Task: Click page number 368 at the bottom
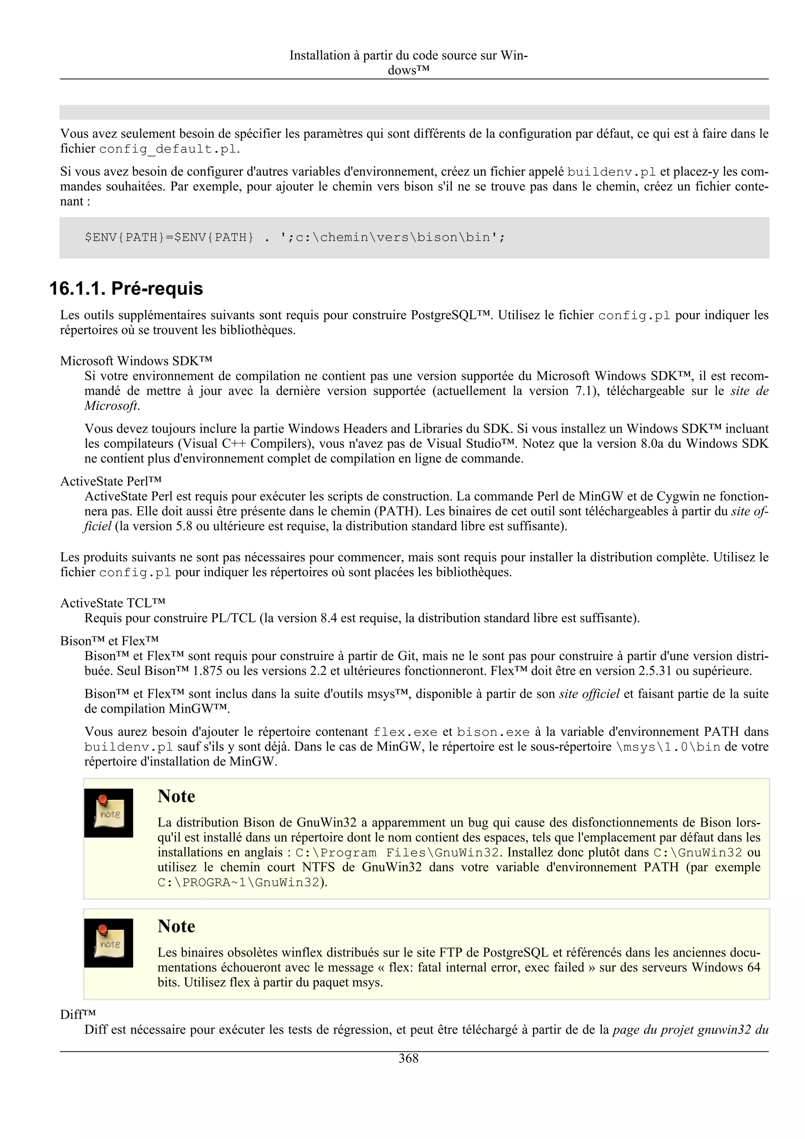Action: tap(408, 1059)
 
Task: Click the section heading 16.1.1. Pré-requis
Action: tap(126, 288)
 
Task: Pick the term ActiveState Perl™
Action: tap(110, 481)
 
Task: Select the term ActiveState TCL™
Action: tap(112, 603)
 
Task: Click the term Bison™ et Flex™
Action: tap(109, 641)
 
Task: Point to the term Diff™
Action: tap(77, 1014)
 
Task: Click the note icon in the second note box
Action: tap(108, 942)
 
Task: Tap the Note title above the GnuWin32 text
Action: tap(176, 796)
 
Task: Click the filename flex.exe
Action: tap(405, 732)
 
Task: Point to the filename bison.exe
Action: tap(493, 732)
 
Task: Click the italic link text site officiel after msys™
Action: tap(589, 694)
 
